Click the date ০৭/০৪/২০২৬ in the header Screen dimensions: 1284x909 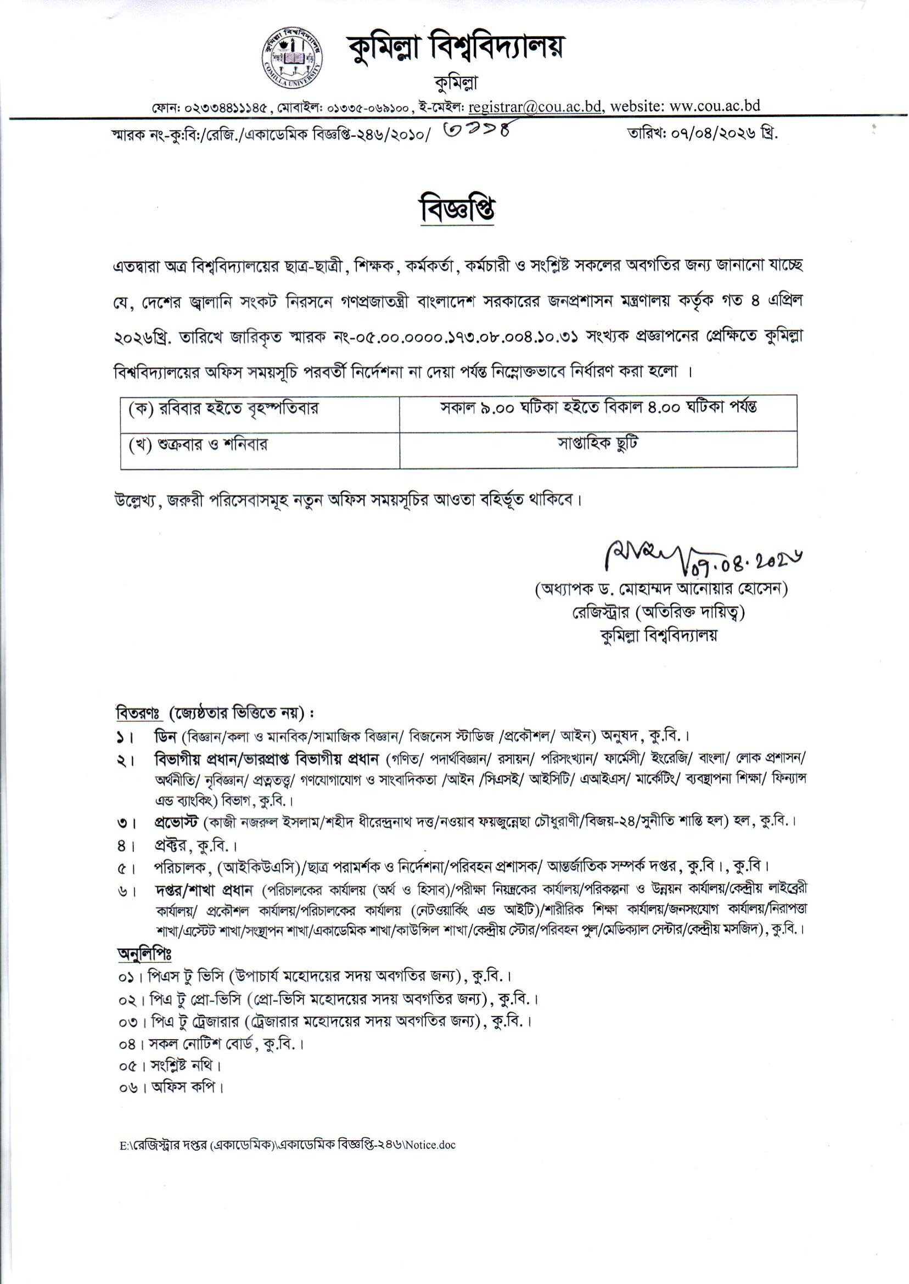pos(705,135)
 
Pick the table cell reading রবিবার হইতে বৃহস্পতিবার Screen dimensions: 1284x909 pos(224,409)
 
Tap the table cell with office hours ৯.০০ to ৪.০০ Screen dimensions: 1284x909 pos(598,408)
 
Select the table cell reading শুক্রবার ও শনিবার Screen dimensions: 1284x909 pos(198,445)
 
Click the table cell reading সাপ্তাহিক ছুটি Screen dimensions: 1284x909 pos(598,444)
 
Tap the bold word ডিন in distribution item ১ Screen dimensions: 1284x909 pos(165,736)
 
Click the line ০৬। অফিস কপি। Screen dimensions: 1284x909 pos(171,1089)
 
